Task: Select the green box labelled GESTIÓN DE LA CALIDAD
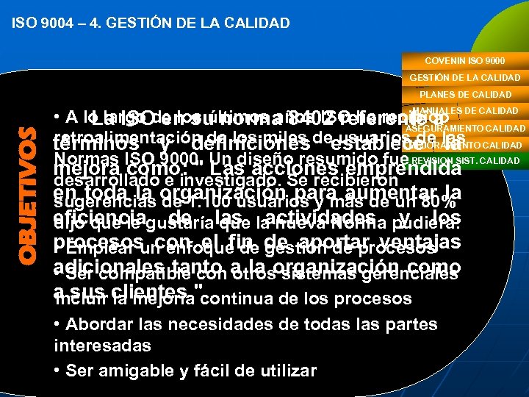click(x=464, y=77)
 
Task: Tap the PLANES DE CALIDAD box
click(x=465, y=94)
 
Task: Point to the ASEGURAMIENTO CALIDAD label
click(x=465, y=129)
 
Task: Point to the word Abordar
click(x=96, y=324)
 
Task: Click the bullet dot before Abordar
click(x=58, y=325)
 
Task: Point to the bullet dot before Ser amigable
click(x=58, y=371)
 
